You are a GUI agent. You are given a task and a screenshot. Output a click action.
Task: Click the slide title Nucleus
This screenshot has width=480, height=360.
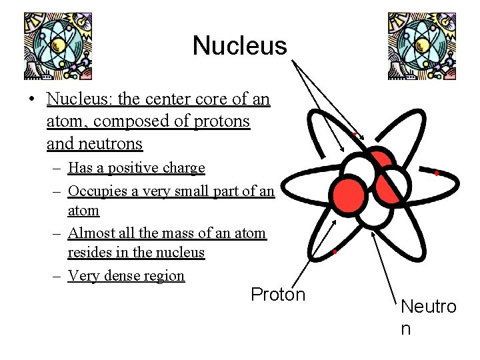(239, 46)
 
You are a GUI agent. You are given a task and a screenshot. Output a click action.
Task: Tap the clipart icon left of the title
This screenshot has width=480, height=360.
(57, 46)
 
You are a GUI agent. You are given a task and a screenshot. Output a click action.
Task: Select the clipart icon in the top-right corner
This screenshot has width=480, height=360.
(421, 46)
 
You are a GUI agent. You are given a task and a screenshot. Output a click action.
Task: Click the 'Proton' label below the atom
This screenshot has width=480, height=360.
(278, 295)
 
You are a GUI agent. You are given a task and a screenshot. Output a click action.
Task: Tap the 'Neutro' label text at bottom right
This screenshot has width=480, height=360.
(428, 307)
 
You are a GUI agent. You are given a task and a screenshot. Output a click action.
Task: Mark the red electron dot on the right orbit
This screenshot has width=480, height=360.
(436, 173)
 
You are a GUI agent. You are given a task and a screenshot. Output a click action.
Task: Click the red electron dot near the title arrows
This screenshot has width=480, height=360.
(355, 134)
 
